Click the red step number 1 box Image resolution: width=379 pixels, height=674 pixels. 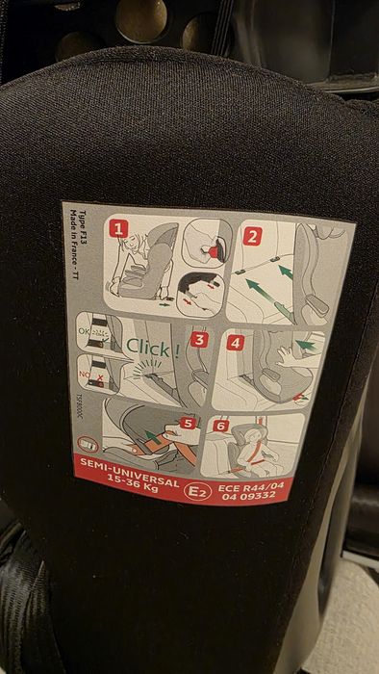[x=117, y=229]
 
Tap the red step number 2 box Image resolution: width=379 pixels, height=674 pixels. [x=252, y=237]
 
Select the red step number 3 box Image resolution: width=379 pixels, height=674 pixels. [x=199, y=338]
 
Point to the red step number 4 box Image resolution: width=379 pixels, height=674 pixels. [x=237, y=341]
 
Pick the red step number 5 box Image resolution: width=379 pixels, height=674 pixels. [x=188, y=423]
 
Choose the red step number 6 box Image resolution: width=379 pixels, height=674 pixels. [x=220, y=426]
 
